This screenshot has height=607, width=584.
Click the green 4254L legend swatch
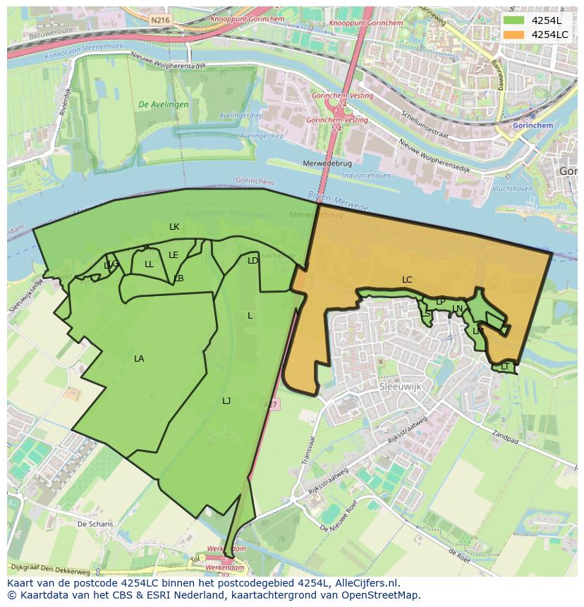[x=514, y=20]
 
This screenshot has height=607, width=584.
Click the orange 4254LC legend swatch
[x=514, y=35]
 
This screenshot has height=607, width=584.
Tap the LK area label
[x=174, y=227]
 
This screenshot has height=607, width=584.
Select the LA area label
[x=139, y=359]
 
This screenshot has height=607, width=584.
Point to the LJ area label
[x=226, y=401]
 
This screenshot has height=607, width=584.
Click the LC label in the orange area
[x=407, y=280]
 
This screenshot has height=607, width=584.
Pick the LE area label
[x=174, y=255]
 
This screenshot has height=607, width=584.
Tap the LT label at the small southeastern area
[x=505, y=367]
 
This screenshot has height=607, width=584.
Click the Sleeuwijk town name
[x=400, y=388]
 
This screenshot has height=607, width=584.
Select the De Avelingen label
[x=164, y=104]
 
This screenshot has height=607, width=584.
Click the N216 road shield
[x=160, y=20]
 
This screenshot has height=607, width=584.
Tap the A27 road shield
[x=270, y=404]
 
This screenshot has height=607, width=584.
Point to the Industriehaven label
[x=366, y=175]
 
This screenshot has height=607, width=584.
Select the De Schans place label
[x=95, y=525]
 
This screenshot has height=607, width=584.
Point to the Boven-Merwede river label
[x=338, y=201]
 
